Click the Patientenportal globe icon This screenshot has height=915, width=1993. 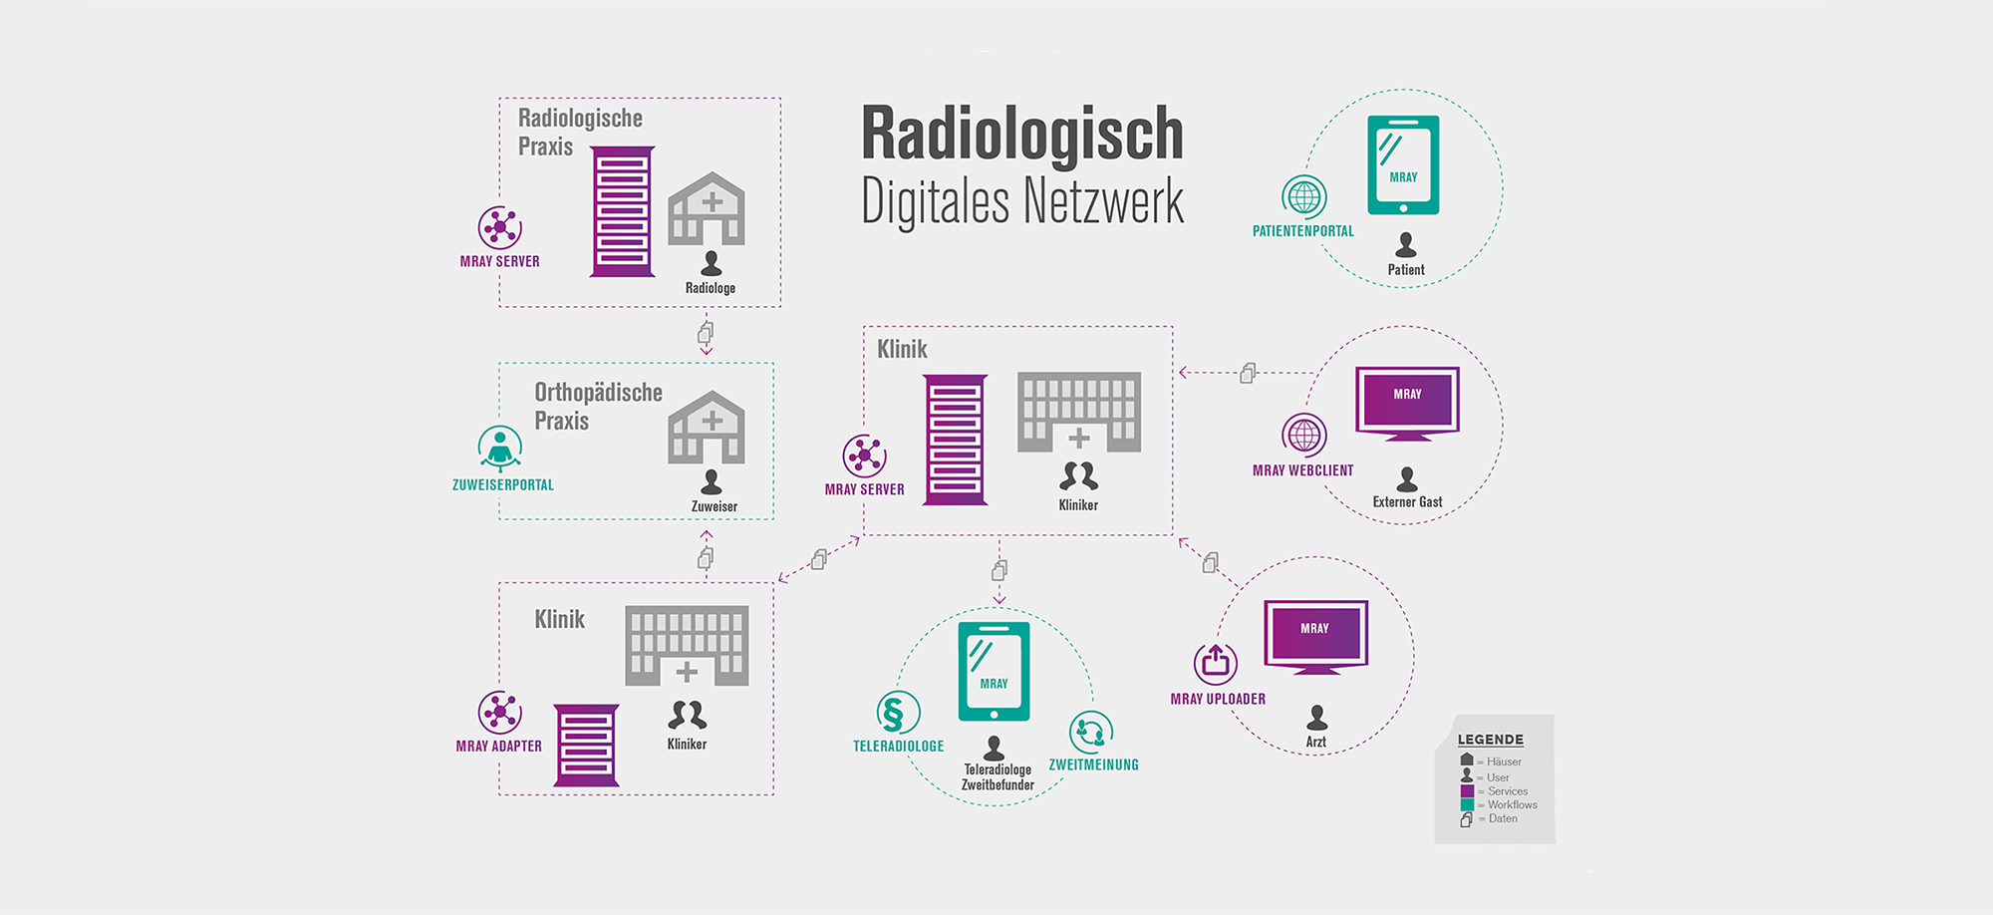[1304, 197]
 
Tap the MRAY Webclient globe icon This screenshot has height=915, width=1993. [1304, 436]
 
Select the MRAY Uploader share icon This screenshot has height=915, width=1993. [1216, 663]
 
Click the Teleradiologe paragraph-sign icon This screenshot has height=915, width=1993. [898, 713]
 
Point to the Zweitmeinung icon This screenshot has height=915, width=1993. [1091, 733]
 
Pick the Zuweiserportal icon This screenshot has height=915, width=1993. [500, 448]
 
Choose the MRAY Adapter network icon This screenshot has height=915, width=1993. [500, 713]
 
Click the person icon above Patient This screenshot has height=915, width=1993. [1406, 244]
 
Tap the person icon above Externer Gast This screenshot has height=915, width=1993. [1407, 479]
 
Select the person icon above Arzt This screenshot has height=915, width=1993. [1316, 717]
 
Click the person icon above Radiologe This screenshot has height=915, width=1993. [711, 263]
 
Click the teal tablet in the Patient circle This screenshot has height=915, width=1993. [1403, 164]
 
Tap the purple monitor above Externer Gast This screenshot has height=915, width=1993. [1407, 402]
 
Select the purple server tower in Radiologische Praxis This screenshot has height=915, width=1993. [623, 212]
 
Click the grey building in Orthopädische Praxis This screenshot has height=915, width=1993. [707, 428]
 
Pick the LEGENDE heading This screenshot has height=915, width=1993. [1490, 740]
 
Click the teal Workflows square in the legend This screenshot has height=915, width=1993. [1467, 805]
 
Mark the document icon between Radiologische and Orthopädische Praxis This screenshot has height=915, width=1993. [706, 332]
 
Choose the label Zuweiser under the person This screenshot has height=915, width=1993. [714, 506]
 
